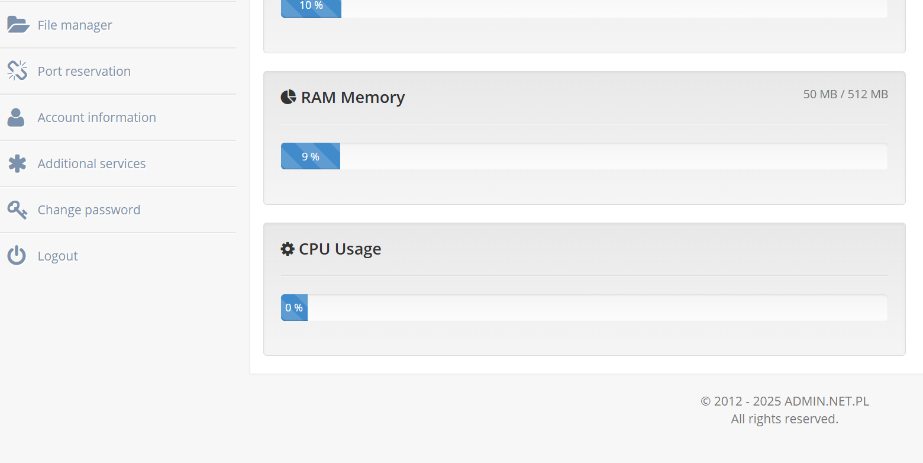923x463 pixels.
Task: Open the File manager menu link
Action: (75, 25)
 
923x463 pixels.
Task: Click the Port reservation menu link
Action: (84, 71)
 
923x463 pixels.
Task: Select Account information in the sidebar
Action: (97, 117)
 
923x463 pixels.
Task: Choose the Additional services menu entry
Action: (92, 163)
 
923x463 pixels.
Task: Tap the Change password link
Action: (89, 210)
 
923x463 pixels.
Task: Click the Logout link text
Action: (58, 256)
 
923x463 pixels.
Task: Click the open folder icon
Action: (18, 24)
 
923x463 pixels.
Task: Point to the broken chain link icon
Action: (17, 70)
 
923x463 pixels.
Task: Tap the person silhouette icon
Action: (16, 117)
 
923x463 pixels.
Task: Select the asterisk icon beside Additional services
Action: (17, 163)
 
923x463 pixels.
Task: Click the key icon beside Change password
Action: (17, 210)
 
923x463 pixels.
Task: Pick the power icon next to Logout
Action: (17, 255)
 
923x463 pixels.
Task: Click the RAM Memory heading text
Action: (353, 97)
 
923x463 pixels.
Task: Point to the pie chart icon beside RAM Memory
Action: (289, 97)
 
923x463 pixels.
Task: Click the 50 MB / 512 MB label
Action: (845, 94)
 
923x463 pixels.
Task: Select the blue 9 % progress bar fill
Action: (311, 156)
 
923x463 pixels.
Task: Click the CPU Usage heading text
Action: (340, 249)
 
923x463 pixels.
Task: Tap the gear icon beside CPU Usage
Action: (288, 249)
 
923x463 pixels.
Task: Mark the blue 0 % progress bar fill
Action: (294, 307)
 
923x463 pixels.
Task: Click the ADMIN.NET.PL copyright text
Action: (785, 401)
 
